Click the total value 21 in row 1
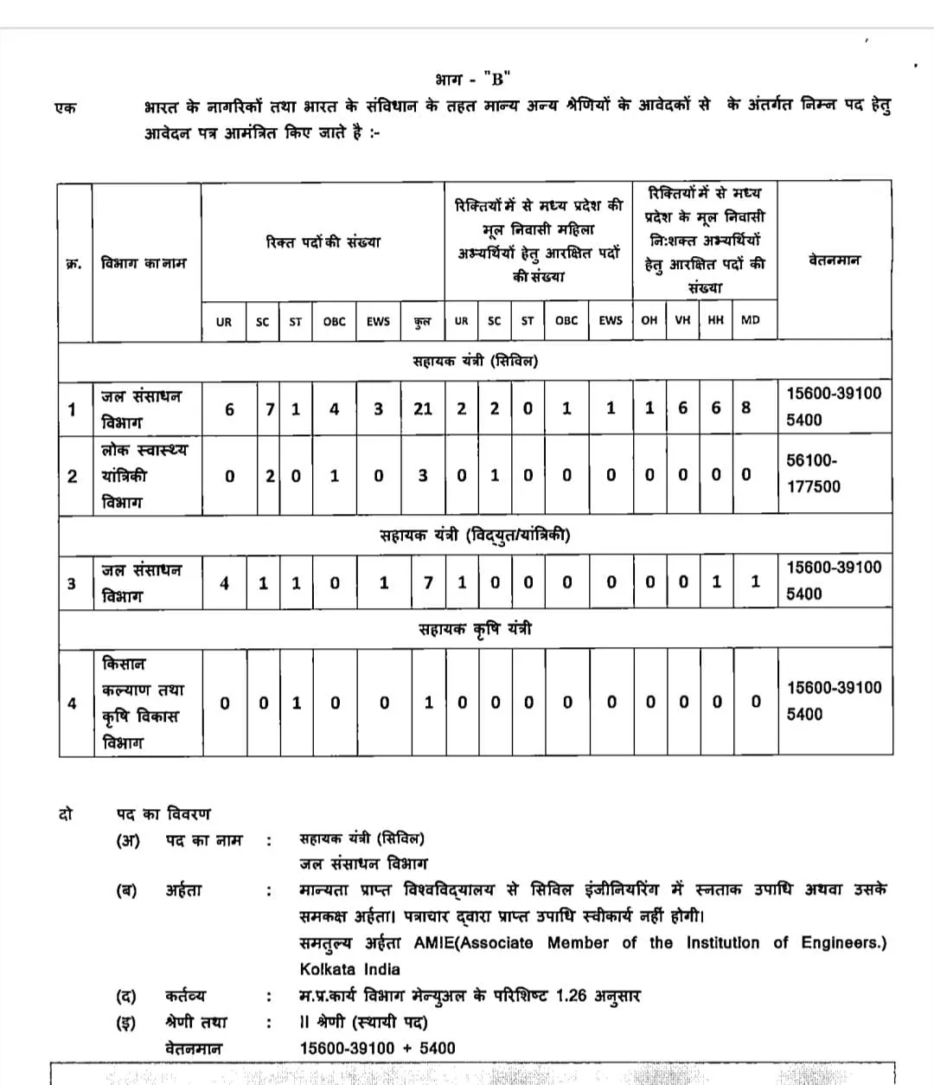tap(422, 408)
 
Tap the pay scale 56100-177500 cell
tap(812, 473)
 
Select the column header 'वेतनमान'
tap(834, 260)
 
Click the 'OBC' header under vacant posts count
tap(334, 321)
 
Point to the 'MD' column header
tap(750, 320)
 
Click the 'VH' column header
tap(682, 320)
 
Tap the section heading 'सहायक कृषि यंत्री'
tap(475, 629)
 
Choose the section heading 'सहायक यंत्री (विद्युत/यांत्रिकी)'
tap(475, 536)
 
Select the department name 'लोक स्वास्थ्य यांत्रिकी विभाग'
tap(144, 476)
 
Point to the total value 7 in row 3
tap(427, 583)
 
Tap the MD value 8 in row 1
tap(746, 408)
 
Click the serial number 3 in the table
tap(72, 583)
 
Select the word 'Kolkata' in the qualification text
tap(326, 969)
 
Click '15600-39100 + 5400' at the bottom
tap(377, 1048)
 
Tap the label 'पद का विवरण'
tap(163, 814)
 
